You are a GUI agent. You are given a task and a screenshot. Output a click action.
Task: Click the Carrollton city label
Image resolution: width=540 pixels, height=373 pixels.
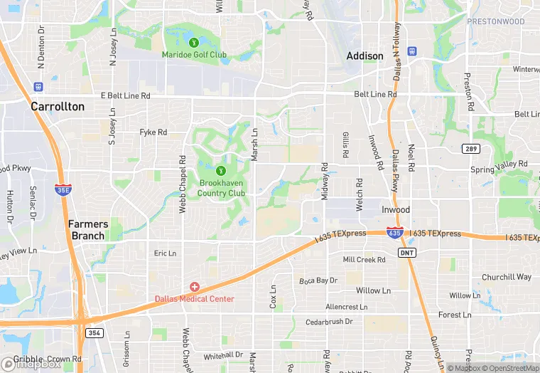click(58, 107)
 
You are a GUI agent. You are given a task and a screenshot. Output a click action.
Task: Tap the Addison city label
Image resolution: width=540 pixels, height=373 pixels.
click(364, 56)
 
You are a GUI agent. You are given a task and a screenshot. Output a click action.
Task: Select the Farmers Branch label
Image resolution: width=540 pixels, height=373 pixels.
click(87, 229)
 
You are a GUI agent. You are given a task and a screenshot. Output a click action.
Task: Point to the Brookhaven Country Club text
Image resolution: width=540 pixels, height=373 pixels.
click(221, 188)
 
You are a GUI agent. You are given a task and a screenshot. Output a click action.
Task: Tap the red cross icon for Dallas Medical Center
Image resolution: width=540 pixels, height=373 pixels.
click(195, 287)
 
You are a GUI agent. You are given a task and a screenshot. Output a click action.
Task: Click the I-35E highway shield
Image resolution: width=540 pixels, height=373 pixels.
click(62, 189)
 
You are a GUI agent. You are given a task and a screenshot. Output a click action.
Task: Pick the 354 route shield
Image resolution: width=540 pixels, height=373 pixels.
click(94, 332)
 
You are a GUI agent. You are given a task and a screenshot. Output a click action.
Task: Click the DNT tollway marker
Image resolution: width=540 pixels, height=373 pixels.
click(407, 252)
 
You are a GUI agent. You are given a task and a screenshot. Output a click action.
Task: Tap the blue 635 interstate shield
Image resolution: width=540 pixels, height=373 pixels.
click(396, 233)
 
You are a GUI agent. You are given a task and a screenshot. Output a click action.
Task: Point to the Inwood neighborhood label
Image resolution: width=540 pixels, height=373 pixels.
click(396, 210)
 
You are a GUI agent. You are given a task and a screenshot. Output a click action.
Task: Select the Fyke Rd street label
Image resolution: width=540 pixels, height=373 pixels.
click(153, 132)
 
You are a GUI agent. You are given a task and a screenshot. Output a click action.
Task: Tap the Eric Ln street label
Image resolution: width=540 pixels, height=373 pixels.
click(165, 253)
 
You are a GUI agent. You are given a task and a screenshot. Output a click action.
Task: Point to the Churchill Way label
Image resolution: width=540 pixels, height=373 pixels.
click(506, 277)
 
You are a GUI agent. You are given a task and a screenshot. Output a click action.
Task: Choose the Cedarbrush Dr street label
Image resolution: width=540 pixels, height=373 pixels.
click(329, 322)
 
